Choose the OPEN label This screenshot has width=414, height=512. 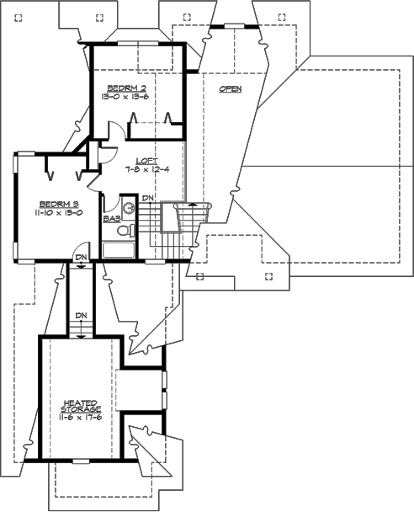click(x=230, y=88)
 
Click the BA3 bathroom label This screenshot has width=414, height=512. click(x=109, y=217)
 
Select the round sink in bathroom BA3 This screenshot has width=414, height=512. click(x=129, y=208)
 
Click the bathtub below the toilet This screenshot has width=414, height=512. click(x=122, y=249)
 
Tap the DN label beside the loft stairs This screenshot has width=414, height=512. click(x=147, y=198)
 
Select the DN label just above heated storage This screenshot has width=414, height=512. click(x=81, y=316)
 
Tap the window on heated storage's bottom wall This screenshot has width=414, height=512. click(x=81, y=461)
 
